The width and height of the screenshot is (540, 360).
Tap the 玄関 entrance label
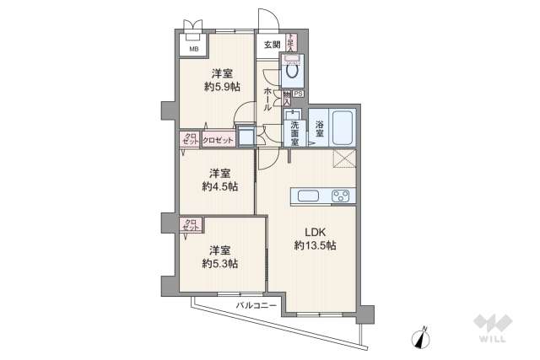272,45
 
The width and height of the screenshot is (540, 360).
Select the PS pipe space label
300,94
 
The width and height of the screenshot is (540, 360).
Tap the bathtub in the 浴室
342,127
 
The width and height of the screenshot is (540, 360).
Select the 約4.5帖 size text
220,186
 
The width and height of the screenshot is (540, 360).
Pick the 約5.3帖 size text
220,263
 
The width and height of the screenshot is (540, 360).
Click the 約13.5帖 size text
316,245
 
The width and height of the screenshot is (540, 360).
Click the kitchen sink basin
309,196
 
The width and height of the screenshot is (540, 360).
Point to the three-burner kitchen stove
342,196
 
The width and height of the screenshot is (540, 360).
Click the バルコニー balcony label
256,305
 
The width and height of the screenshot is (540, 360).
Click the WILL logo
493,328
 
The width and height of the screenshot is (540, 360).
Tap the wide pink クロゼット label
218,140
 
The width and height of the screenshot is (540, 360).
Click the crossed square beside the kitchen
344,160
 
